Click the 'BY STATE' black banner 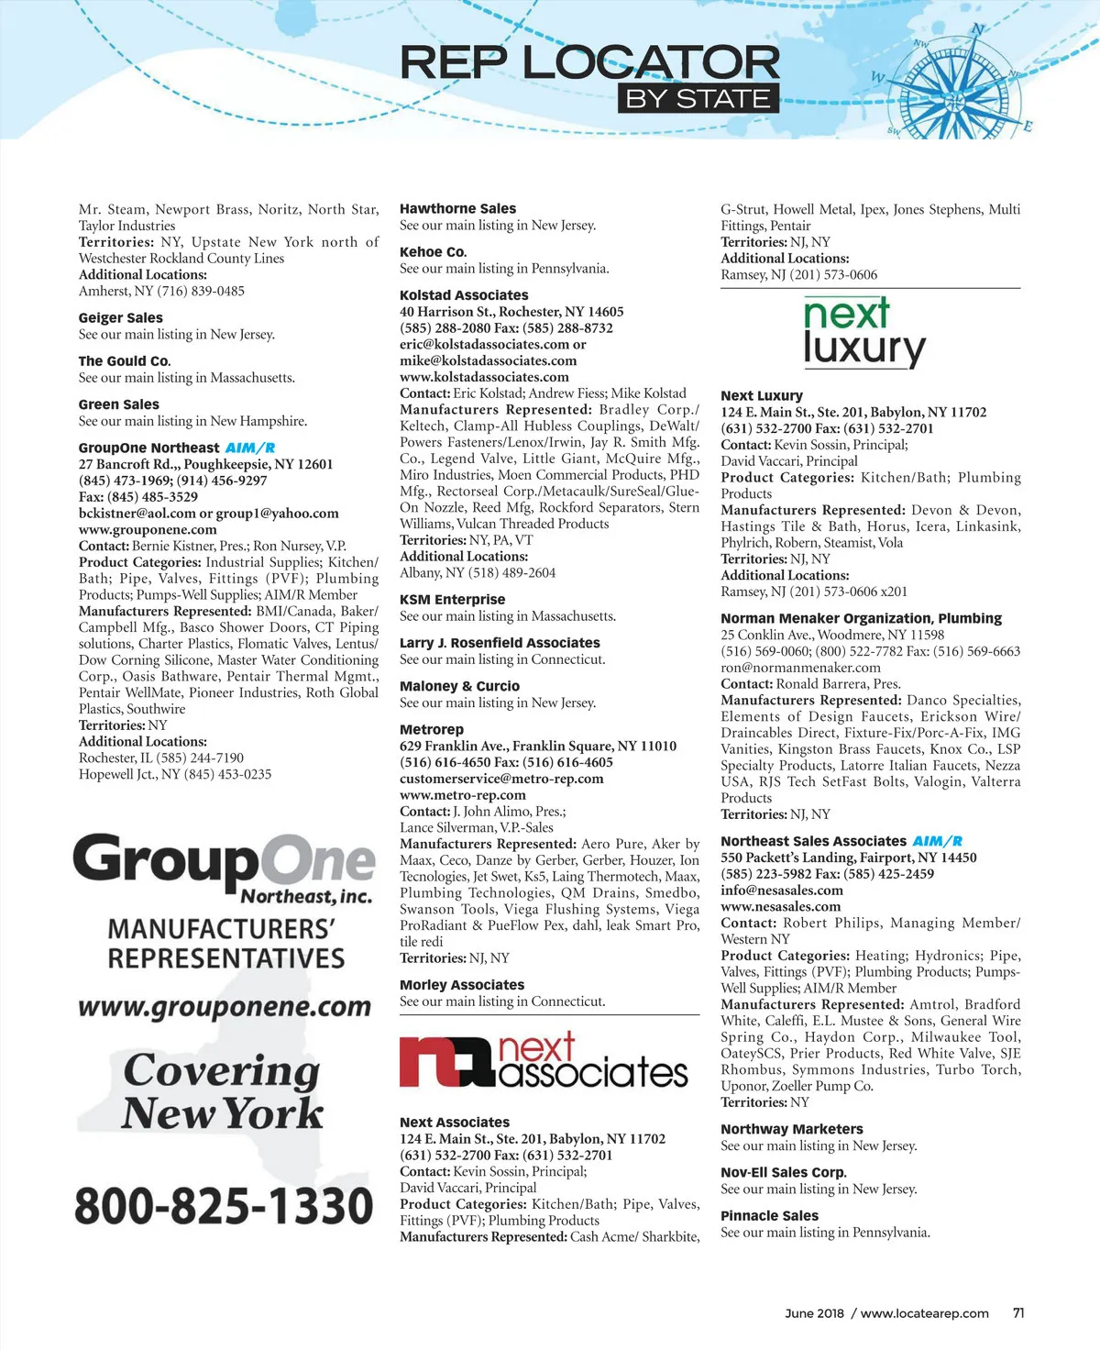698,99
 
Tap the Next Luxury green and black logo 863,332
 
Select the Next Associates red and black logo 544,1063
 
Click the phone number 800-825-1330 224,1205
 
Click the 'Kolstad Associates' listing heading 464,295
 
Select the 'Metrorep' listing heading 432,729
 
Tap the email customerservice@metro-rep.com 501,779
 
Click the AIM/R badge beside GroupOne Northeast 250,448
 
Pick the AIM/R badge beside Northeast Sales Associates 938,841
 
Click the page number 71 1018,1313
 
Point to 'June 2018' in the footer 814,1313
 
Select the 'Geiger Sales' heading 120,318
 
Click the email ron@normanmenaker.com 800,668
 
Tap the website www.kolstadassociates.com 484,377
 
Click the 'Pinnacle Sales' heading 769,1216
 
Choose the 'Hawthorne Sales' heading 457,209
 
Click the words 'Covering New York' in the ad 223,1091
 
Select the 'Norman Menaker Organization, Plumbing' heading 861,619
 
